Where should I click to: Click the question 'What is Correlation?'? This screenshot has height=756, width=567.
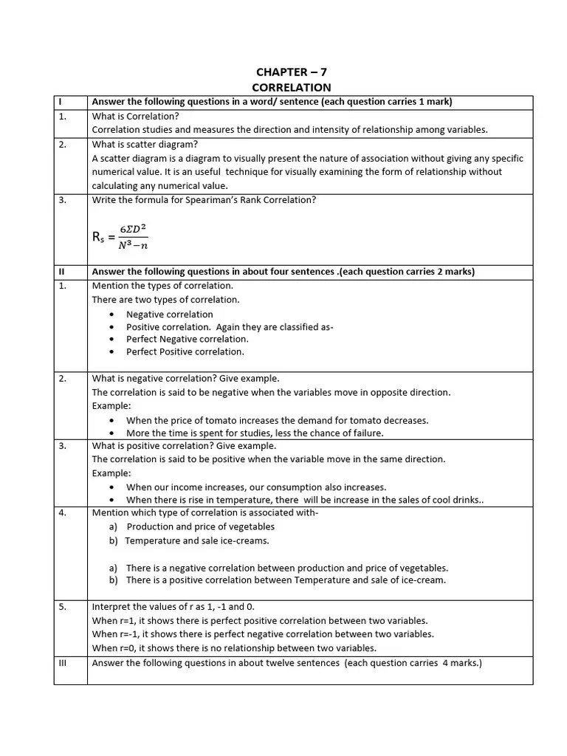tap(135, 116)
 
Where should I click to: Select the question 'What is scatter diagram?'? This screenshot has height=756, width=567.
tap(145, 144)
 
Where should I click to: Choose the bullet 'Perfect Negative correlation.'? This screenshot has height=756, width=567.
tap(187, 339)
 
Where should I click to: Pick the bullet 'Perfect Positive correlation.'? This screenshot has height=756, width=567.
tap(185, 351)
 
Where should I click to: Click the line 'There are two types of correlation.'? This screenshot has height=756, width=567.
tap(165, 300)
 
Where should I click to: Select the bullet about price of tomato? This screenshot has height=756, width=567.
tap(277, 420)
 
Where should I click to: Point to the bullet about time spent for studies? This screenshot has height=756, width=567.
tap(255, 433)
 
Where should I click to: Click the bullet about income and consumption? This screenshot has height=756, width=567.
tap(256, 487)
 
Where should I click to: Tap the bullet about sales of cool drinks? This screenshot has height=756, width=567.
tap(304, 500)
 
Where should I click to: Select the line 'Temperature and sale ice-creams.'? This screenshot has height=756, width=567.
tap(197, 540)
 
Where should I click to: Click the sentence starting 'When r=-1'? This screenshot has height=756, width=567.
tap(263, 634)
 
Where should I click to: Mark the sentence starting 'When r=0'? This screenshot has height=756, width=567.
tap(234, 648)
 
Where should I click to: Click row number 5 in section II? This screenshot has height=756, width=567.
tap(63, 607)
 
